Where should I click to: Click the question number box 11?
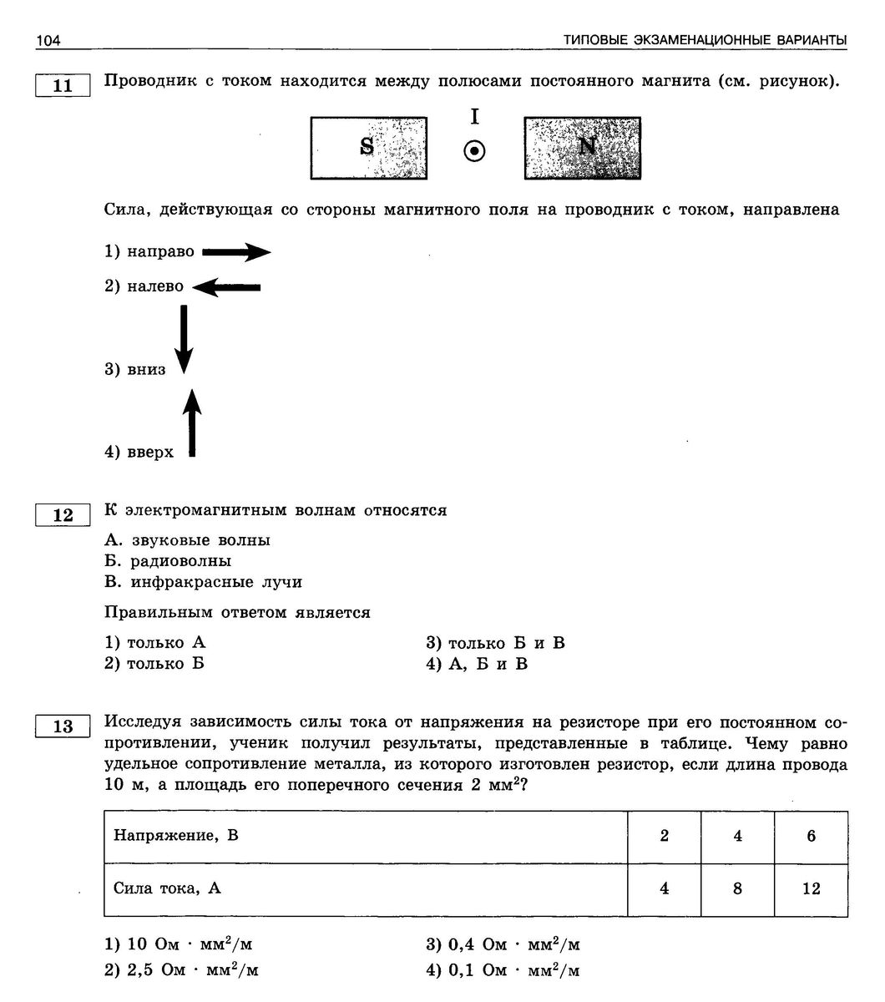(63, 86)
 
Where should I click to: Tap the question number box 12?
(63, 515)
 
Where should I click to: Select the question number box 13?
(63, 726)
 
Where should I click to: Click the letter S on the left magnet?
(367, 147)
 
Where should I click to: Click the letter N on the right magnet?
(588, 146)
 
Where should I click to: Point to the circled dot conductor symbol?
(474, 151)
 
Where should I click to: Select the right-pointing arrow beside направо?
(236, 252)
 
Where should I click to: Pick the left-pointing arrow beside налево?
(226, 287)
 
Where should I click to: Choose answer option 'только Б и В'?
(496, 643)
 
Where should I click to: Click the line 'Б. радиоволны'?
(168, 561)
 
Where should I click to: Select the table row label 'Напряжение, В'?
(176, 835)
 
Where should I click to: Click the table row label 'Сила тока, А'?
(167, 888)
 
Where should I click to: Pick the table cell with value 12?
(811, 888)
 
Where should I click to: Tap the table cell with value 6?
(811, 836)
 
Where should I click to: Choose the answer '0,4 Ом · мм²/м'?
(503, 945)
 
